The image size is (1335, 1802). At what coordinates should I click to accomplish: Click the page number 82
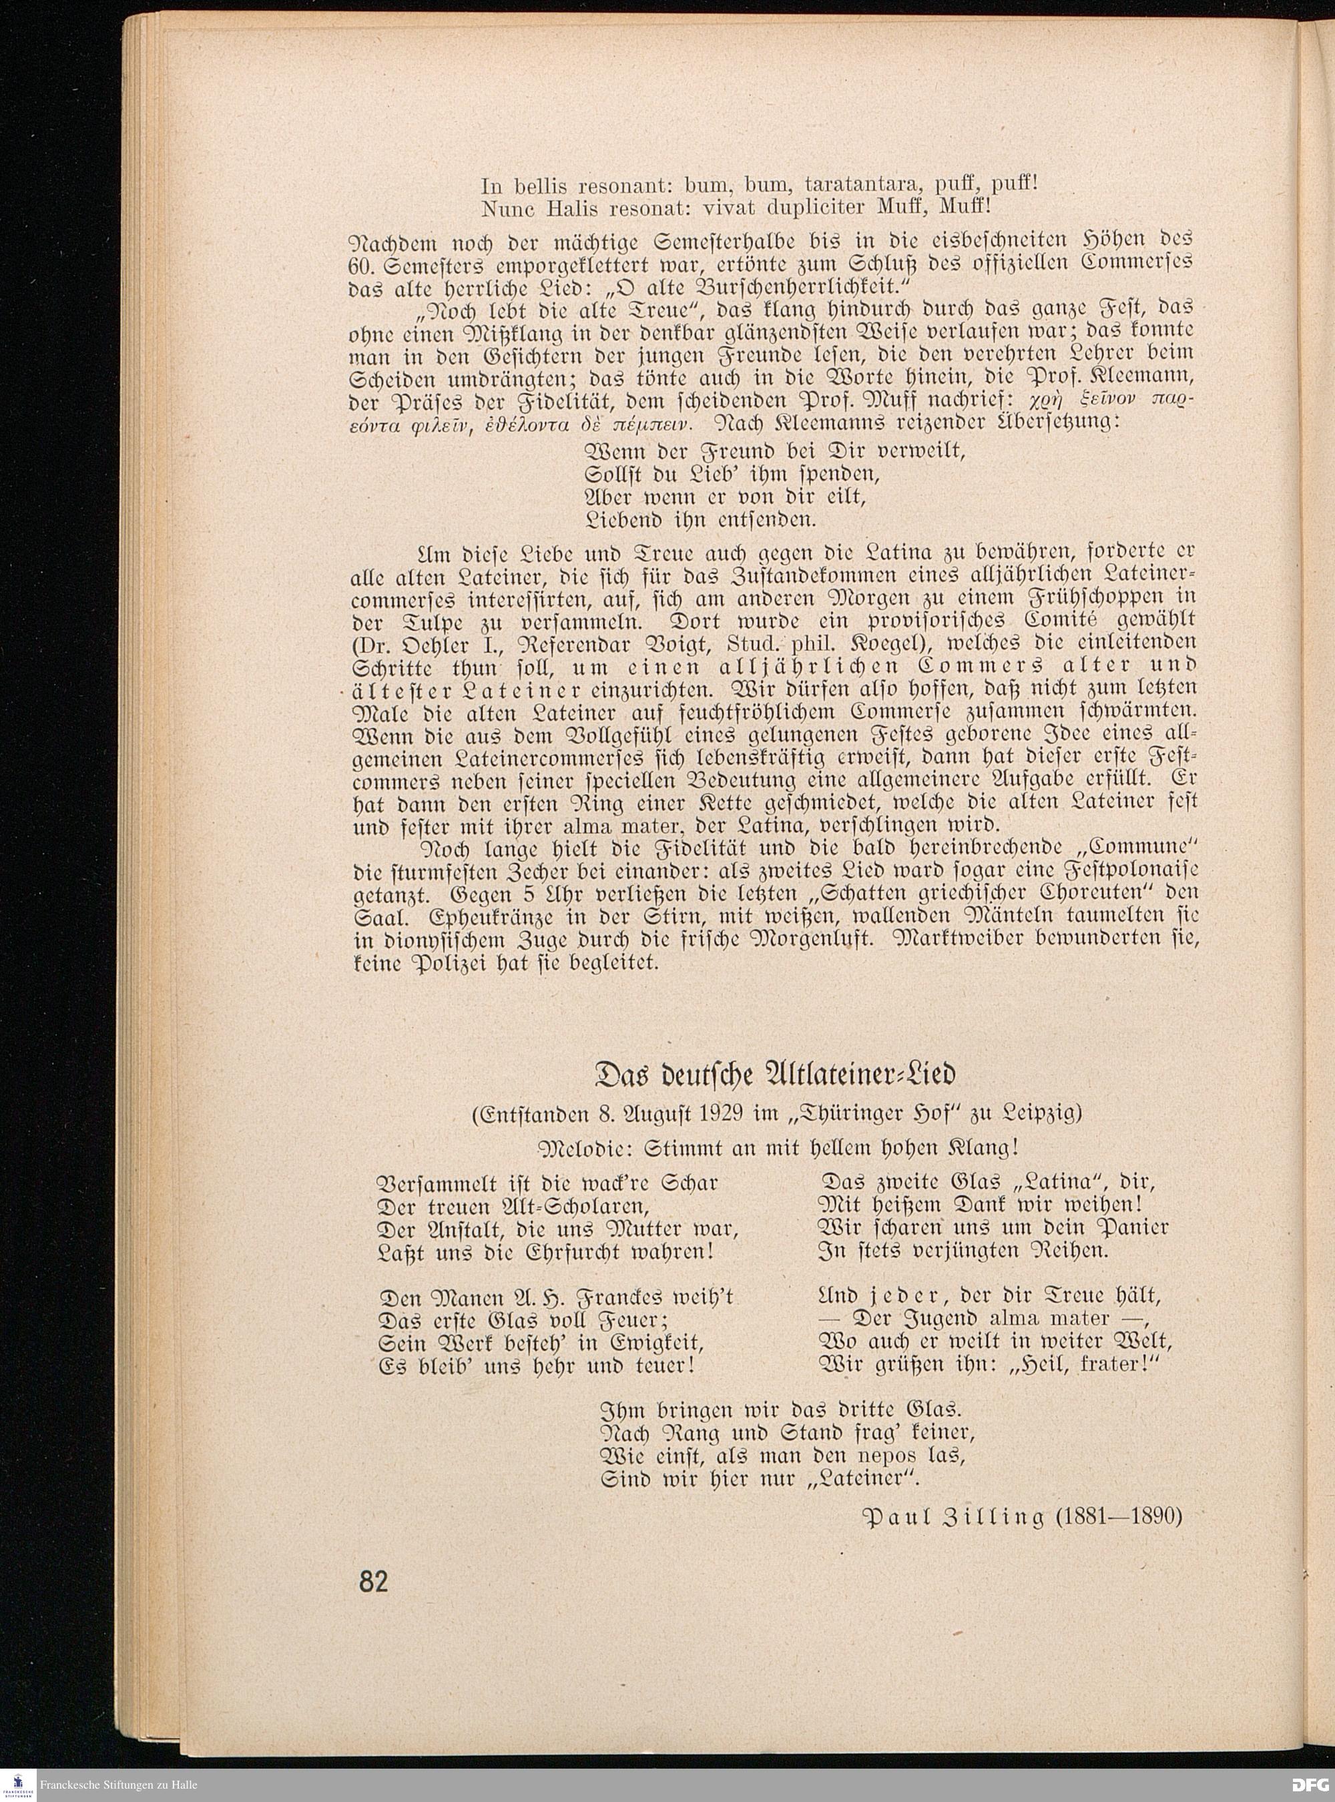pos(373,1581)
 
